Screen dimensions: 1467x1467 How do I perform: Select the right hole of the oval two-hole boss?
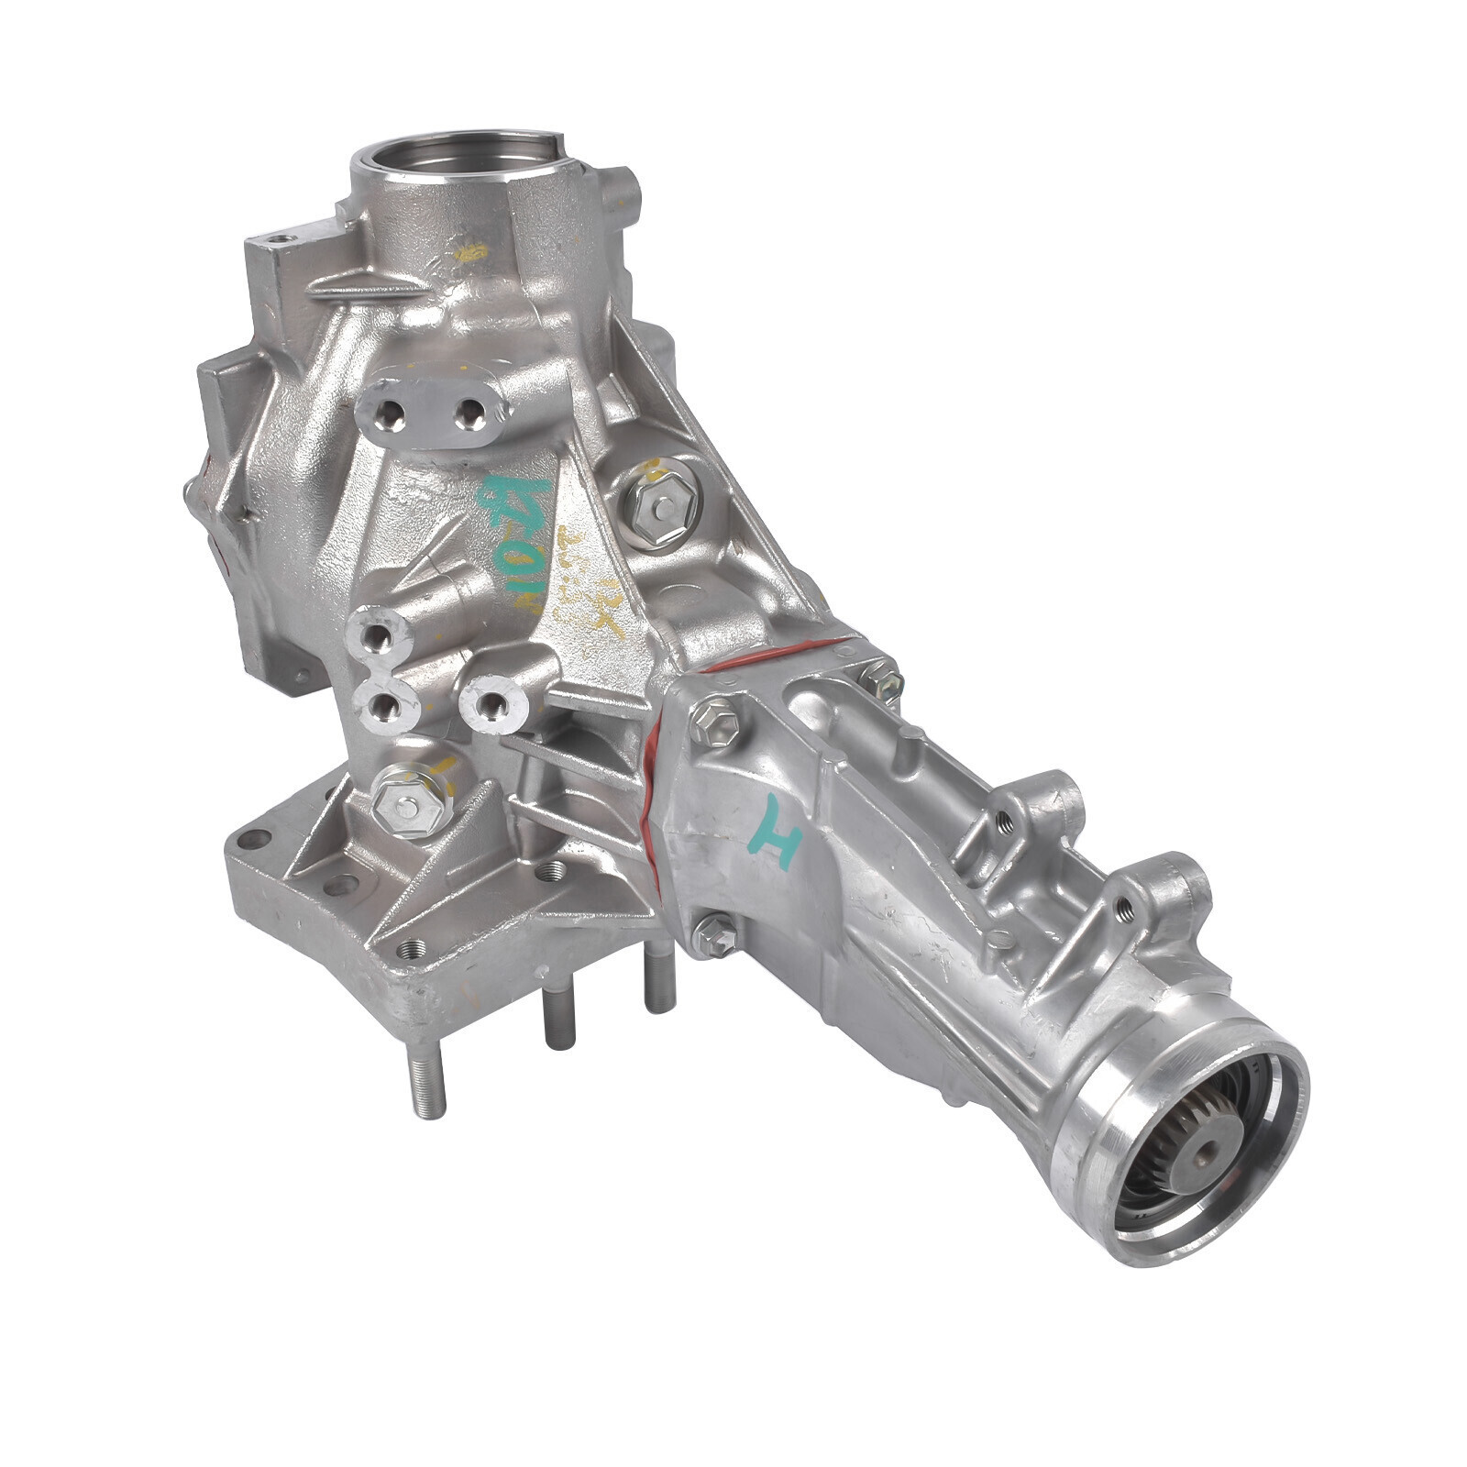471,414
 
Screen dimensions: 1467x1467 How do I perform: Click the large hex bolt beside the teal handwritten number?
659,503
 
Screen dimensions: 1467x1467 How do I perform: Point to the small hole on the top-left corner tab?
280,239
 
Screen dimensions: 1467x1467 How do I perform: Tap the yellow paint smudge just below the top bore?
471,252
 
